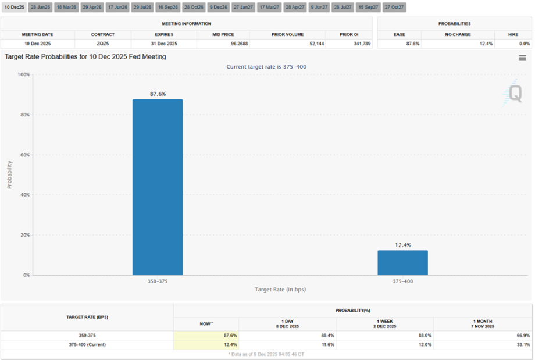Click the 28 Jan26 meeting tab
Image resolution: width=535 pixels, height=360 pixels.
pos(40,7)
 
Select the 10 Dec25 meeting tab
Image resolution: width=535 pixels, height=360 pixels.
pos(14,7)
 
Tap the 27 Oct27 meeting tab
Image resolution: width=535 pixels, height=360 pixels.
pos(394,7)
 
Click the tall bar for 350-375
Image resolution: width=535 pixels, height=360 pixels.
pos(157,187)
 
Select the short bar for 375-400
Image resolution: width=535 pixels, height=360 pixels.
pos(402,262)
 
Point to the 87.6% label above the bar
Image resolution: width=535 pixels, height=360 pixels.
pos(157,94)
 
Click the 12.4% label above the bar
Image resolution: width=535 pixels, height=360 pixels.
pos(402,245)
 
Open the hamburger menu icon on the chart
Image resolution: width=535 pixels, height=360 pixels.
pos(522,58)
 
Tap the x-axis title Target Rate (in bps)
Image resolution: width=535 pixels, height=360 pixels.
pos(280,289)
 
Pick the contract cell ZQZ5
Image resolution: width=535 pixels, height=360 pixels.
pos(103,44)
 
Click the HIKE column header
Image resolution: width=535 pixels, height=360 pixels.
pos(513,34)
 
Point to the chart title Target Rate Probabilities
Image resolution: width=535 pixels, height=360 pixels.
pos(85,57)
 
